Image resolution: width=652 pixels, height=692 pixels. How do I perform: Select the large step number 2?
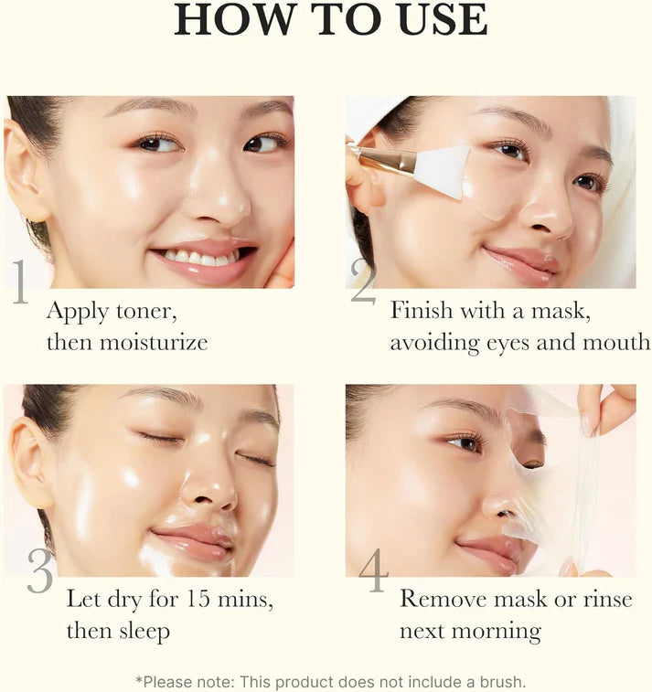363,283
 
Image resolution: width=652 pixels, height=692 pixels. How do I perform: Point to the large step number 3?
40,571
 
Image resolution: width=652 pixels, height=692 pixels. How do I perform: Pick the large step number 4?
373,571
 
